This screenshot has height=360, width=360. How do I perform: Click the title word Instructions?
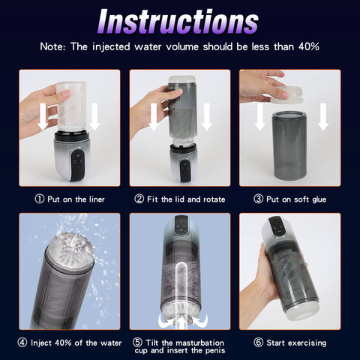pos(178,22)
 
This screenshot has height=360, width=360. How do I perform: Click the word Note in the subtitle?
pos(52,46)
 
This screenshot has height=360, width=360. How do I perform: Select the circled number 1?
pos(40,199)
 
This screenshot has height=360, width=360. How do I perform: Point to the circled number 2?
pos(139,199)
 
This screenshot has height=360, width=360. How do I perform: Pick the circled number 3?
pos(259,199)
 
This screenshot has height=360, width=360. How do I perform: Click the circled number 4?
pos(22,343)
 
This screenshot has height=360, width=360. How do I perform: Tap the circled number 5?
pos(137,343)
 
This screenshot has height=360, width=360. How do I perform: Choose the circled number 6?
pos(259,343)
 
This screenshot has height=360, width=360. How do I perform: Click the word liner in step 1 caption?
pos(96,199)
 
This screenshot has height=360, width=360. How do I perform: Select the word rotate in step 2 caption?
pos(214,199)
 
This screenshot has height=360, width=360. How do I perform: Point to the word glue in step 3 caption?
pos(319,199)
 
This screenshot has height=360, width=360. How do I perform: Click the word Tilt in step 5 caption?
pos(152,343)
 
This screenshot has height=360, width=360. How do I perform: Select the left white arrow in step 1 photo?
pos(43,117)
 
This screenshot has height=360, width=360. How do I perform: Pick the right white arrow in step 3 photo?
pos(323,117)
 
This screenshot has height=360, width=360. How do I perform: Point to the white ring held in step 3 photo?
pos(288,95)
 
